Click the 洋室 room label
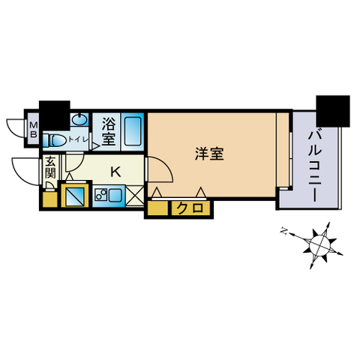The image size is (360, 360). [209, 154]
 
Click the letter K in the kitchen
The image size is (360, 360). [115, 172]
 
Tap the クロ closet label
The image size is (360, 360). [190, 207]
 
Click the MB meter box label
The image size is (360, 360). [33, 130]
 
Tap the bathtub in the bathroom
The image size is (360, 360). [133, 131]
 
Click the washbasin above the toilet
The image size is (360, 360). [79, 119]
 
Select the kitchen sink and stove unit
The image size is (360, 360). [109, 196]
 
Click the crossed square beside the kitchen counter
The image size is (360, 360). [134, 196]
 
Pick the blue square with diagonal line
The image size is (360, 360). [74, 196]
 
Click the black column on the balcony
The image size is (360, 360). [333, 111]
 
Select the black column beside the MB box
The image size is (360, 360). [55, 115]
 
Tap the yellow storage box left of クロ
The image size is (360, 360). [157, 208]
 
